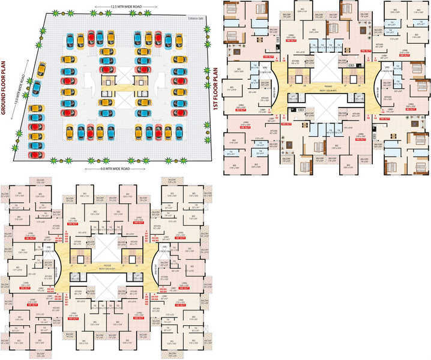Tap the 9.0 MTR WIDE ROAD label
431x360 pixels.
tap(114, 170)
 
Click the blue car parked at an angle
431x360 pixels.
tap(36, 88)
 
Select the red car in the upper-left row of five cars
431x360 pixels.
tap(90, 40)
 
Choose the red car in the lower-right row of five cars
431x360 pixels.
tap(158, 130)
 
